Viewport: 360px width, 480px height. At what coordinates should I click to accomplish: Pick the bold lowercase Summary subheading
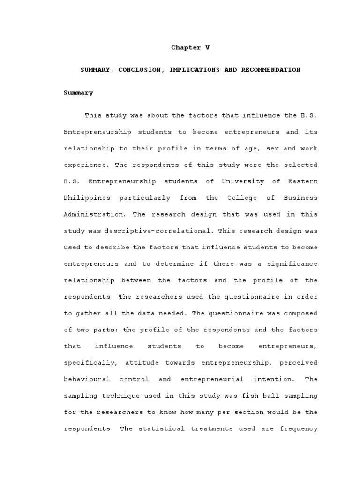78,93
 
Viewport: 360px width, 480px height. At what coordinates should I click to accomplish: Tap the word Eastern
303,181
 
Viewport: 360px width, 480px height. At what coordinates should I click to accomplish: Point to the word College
242,198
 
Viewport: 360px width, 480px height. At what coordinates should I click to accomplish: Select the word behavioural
87,379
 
